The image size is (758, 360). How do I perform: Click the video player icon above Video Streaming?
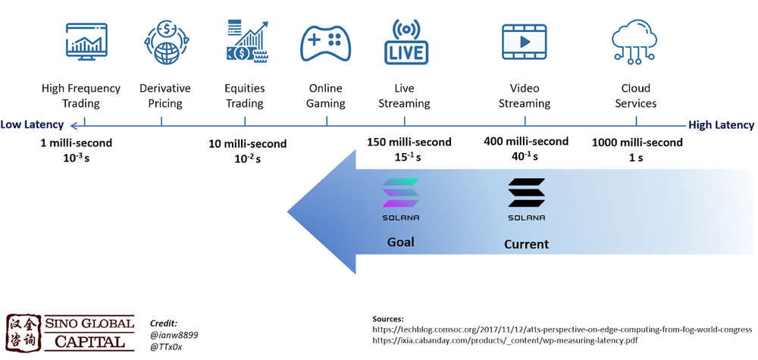click(x=524, y=42)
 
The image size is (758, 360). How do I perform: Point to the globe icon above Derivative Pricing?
click(x=164, y=42)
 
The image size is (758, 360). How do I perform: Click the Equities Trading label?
click(x=244, y=95)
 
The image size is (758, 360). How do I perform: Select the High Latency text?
click(x=721, y=125)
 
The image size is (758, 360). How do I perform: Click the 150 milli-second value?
click(x=409, y=142)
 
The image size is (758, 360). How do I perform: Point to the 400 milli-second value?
click(x=525, y=141)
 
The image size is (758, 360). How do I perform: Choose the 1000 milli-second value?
click(x=637, y=142)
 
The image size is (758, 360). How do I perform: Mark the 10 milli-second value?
click(x=248, y=143)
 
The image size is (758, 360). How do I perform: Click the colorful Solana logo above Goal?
click(x=401, y=193)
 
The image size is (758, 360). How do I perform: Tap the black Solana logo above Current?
click(x=526, y=194)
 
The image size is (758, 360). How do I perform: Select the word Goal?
click(x=400, y=242)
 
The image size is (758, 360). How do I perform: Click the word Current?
click(x=526, y=244)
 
